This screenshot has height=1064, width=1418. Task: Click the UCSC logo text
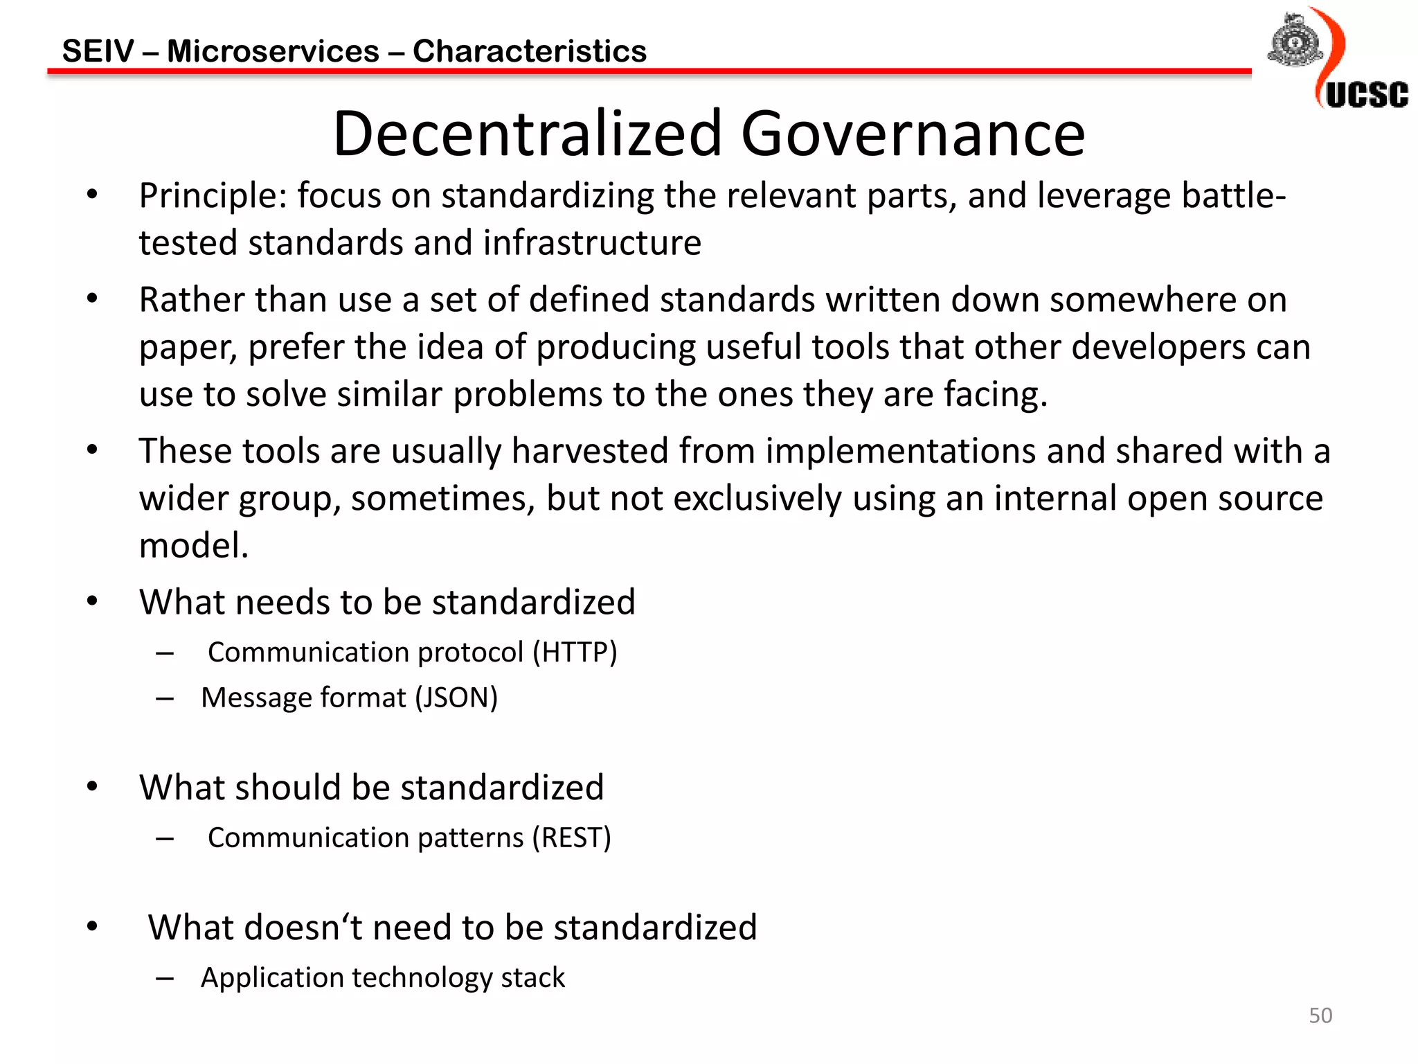pyautogui.click(x=1367, y=95)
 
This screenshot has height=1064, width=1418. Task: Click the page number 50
pyautogui.click(x=1320, y=1016)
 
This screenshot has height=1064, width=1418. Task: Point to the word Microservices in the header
pyautogui.click(x=273, y=51)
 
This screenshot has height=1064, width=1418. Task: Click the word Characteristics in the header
pyautogui.click(x=530, y=51)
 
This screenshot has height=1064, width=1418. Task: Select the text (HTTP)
pyautogui.click(x=575, y=653)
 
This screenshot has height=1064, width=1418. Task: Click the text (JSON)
pyautogui.click(x=456, y=698)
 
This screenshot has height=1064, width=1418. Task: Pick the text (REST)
pyautogui.click(x=571, y=838)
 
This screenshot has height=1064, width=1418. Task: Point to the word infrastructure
pyautogui.click(x=592, y=243)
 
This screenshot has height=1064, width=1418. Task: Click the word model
pyautogui.click(x=193, y=546)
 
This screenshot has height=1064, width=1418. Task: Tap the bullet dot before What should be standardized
pyautogui.click(x=93, y=786)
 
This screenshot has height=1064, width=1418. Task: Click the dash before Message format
pyautogui.click(x=165, y=698)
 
